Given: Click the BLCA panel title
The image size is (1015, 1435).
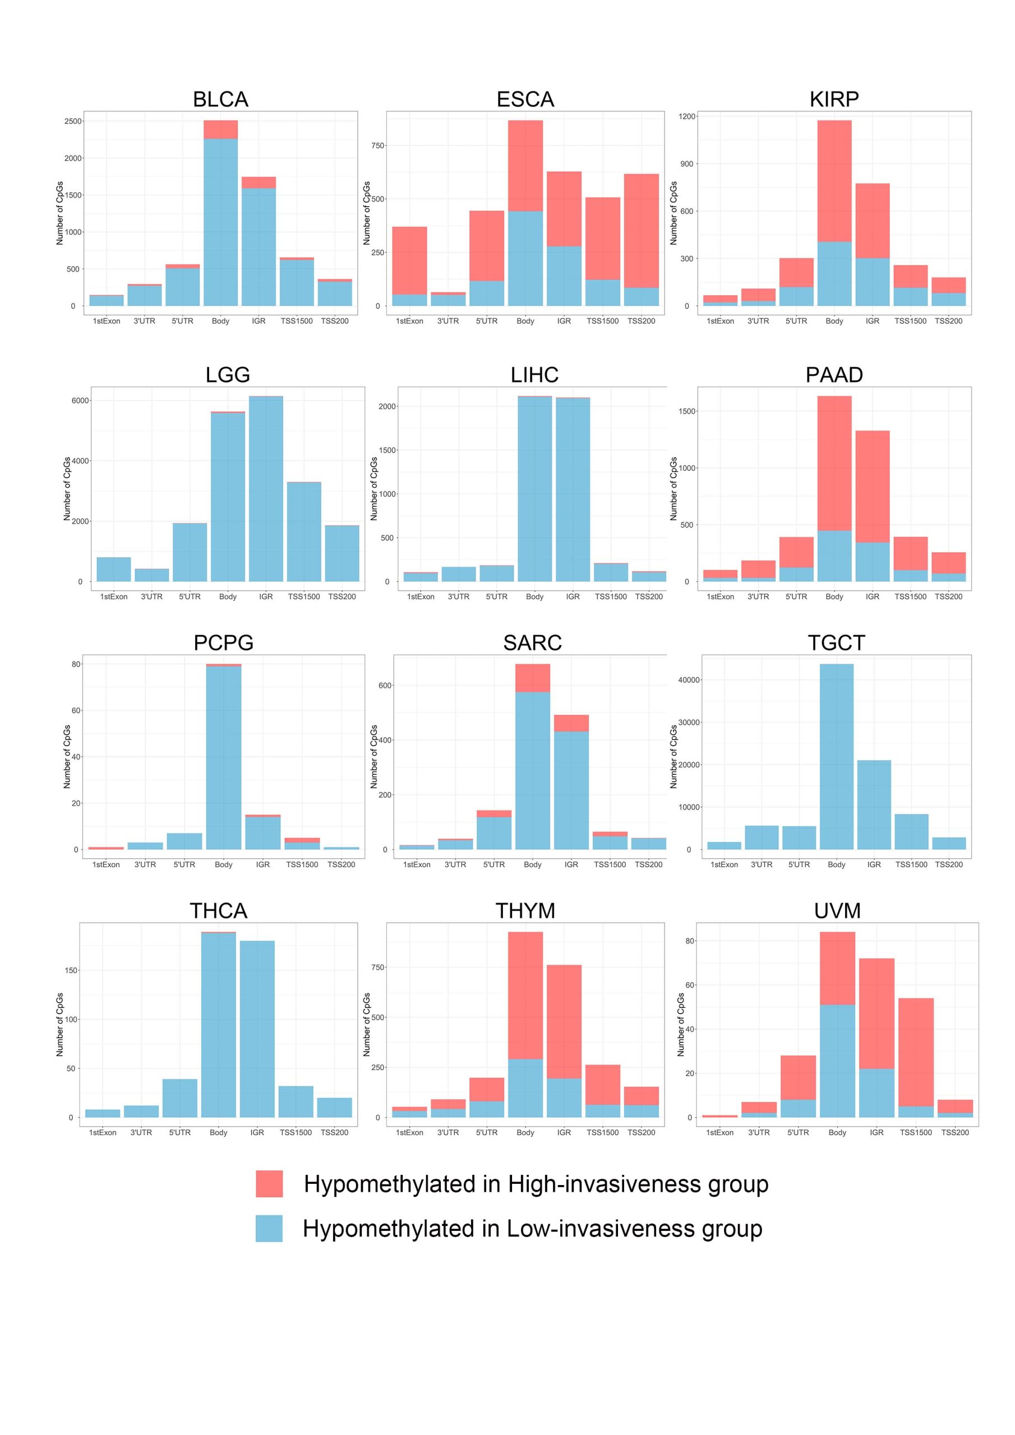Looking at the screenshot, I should pyautogui.click(x=220, y=99).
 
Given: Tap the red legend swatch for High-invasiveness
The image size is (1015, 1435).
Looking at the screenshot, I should pyautogui.click(x=269, y=1184).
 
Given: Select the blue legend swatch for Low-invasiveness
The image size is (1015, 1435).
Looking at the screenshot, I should pyautogui.click(x=269, y=1228).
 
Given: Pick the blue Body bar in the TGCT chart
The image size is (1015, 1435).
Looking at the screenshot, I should pyautogui.click(x=836, y=756).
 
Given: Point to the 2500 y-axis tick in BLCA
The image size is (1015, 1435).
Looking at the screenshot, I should pyautogui.click(x=73, y=121).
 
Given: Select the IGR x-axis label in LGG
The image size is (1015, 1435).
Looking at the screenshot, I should pyautogui.click(x=266, y=596).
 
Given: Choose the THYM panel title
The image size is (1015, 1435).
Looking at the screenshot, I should pyautogui.click(x=525, y=911).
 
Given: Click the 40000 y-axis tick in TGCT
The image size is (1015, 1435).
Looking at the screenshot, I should pyautogui.click(x=689, y=680).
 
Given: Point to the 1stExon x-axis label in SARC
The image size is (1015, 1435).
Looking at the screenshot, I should pyautogui.click(x=417, y=864).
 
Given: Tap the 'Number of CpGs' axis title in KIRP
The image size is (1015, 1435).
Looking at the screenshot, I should pyautogui.click(x=673, y=212).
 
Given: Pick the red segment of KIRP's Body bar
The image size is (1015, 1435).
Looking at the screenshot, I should pyautogui.click(x=834, y=180).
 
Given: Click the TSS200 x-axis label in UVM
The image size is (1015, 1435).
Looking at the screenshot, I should pyautogui.click(x=954, y=1132).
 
